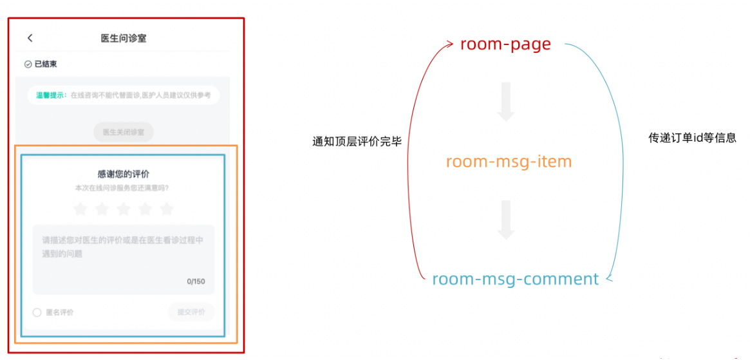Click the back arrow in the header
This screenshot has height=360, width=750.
tap(30, 38)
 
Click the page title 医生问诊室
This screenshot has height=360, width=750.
tap(124, 38)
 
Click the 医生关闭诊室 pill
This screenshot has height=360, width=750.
tap(124, 133)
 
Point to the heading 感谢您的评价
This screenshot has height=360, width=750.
tap(124, 174)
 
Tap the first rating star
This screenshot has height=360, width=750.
tap(80, 209)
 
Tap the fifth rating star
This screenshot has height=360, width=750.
tap(167, 209)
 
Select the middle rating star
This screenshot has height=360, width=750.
tap(124, 209)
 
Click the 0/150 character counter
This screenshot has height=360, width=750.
tap(196, 281)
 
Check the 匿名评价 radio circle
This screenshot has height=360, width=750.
tap(37, 312)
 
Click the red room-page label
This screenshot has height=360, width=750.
tap(505, 44)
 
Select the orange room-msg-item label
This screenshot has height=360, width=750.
tap(509, 161)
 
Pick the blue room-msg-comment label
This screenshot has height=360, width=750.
tap(515, 279)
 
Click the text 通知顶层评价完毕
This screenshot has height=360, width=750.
tap(357, 142)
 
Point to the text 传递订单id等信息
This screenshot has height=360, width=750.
tap(692, 138)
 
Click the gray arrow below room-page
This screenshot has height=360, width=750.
tap(506, 102)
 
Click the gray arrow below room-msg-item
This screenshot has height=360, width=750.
tap(506, 220)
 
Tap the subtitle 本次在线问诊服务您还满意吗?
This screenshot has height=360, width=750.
tap(122, 188)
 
